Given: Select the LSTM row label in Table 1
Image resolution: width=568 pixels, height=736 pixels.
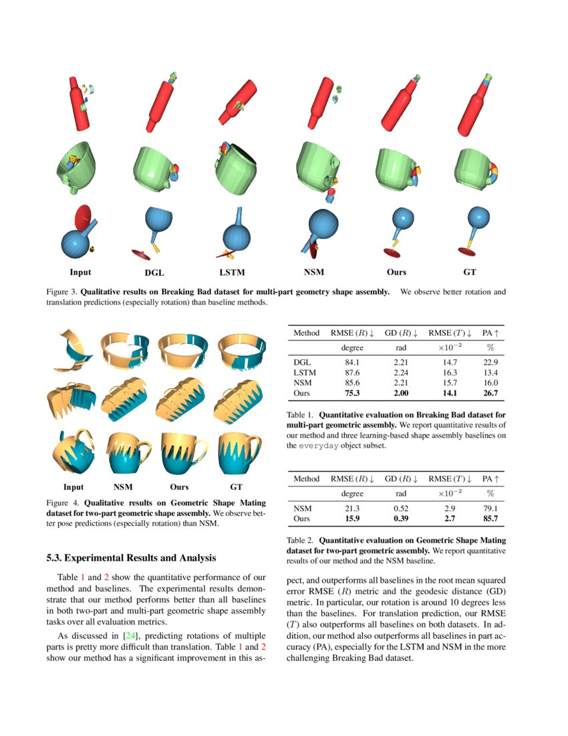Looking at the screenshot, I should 305,372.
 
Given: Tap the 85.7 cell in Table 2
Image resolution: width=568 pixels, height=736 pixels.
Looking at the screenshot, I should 490,518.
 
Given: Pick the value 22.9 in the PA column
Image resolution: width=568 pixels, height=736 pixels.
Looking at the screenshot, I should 490,362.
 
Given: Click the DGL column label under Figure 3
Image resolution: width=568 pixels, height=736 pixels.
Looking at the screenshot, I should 154,273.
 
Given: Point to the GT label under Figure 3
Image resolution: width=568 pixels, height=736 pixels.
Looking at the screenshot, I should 469,272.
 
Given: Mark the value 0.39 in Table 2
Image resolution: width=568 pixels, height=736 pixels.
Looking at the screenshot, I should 401,518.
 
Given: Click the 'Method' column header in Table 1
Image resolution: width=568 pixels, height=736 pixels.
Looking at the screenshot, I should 307,333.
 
